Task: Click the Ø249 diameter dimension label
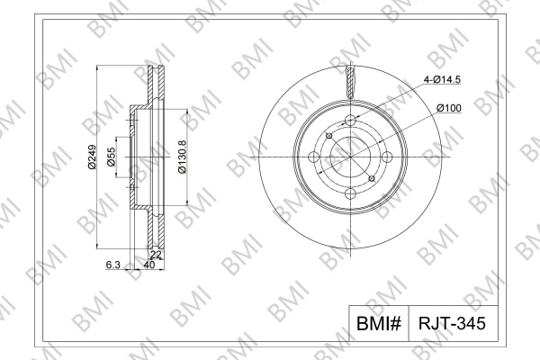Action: [x=92, y=157]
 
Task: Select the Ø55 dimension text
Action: [x=112, y=157]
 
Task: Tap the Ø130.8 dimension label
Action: [x=182, y=157]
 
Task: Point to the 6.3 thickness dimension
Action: [x=113, y=265]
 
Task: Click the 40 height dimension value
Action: [x=148, y=265]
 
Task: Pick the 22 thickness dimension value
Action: [x=156, y=255]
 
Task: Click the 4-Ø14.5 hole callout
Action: [x=442, y=79]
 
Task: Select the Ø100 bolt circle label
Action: [x=449, y=108]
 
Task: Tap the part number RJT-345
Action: [x=452, y=323]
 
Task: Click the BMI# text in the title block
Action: [x=379, y=323]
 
